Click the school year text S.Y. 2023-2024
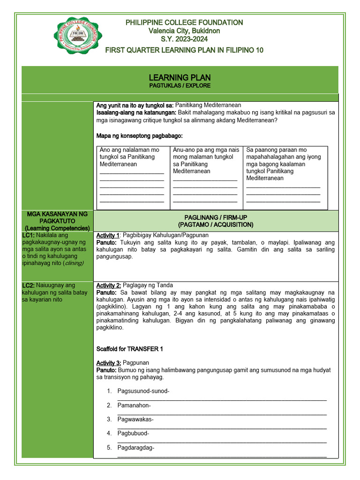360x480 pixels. click(x=184, y=39)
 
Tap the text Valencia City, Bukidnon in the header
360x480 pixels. click(x=184, y=31)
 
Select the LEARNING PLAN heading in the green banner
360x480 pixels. click(x=180, y=77)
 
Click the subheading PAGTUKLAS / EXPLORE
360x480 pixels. click(x=180, y=86)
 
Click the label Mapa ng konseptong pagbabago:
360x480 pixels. click(x=139, y=135)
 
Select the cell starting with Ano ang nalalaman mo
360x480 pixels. click(x=132, y=176)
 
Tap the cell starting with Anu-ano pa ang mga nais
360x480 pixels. click(x=206, y=176)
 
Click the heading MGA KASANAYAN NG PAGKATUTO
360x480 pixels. click(x=58, y=217)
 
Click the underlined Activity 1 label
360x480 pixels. click(x=108, y=235)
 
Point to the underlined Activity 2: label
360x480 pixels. click(x=109, y=285)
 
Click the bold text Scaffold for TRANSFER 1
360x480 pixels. click(x=129, y=349)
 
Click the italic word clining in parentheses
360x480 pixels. click(x=73, y=263)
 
